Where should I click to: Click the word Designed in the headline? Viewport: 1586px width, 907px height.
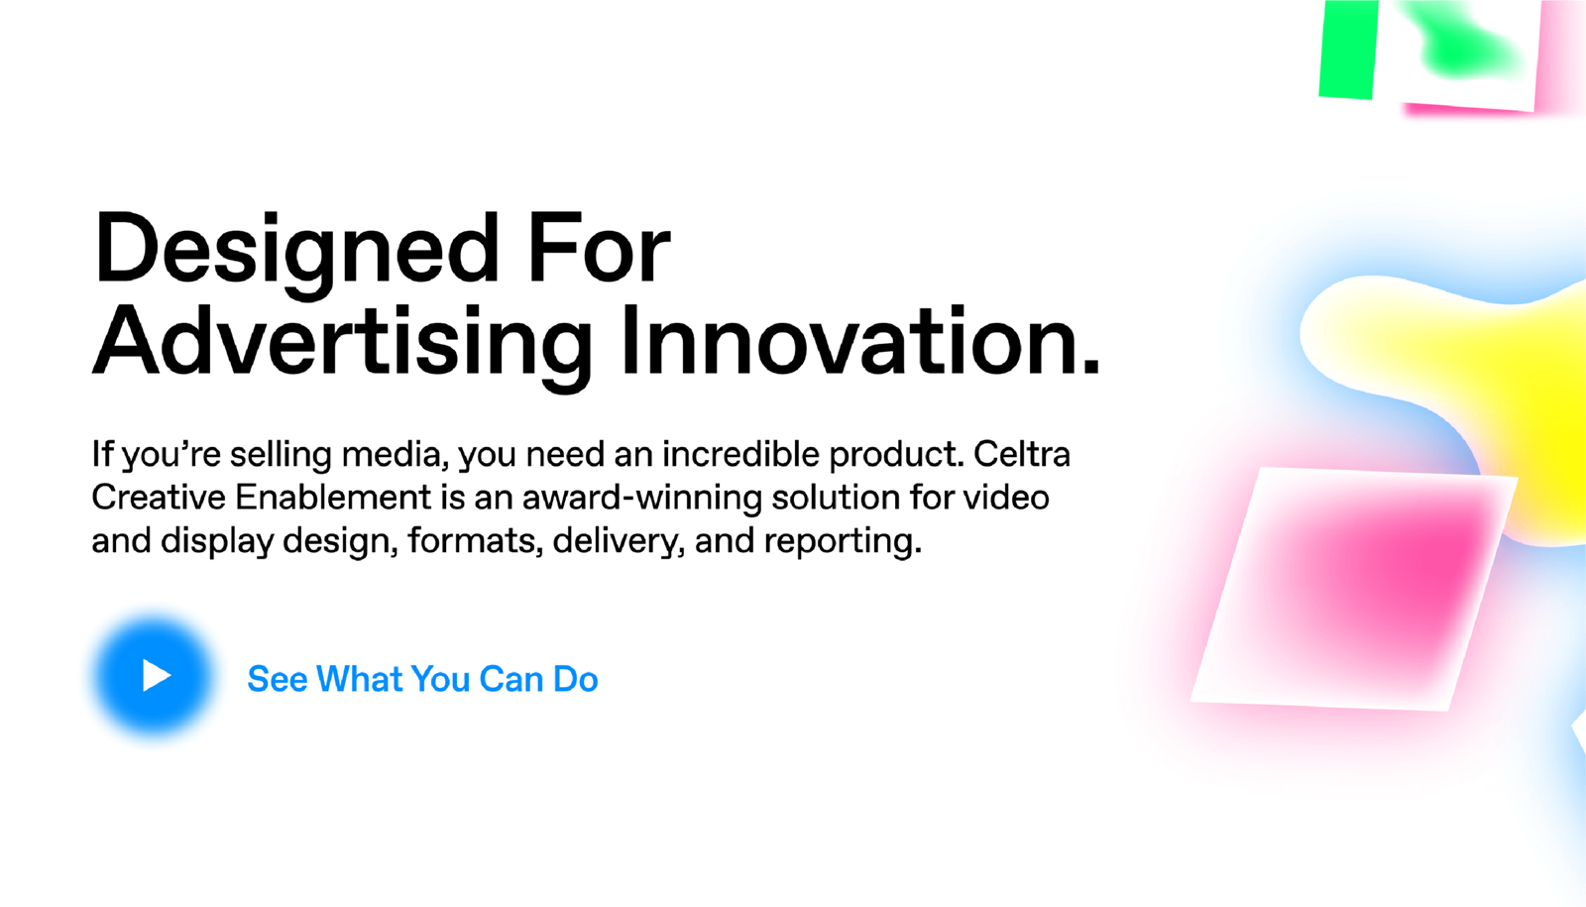pyautogui.click(x=296, y=254)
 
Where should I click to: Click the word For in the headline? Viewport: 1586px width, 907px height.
pyautogui.click(x=599, y=248)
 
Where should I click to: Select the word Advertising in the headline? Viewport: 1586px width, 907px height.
pyautogui.click(x=342, y=347)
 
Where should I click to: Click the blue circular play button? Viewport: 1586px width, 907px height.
pyautogui.click(x=154, y=676)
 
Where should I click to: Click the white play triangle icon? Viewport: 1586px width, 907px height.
pyautogui.click(x=156, y=675)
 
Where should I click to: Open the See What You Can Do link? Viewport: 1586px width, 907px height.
pyautogui.click(x=422, y=679)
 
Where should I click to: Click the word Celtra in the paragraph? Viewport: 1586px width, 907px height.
pyautogui.click(x=1022, y=455)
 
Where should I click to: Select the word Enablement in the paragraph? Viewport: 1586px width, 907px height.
pyautogui.click(x=333, y=497)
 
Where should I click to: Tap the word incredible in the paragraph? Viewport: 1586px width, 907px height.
pyautogui.click(x=741, y=455)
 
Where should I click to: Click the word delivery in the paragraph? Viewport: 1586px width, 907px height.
pyautogui.click(x=619, y=542)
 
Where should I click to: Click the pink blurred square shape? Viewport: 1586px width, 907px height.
pyautogui.click(x=1354, y=589)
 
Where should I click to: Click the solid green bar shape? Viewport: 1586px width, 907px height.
pyautogui.click(x=1348, y=49)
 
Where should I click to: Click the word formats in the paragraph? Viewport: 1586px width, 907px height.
pyautogui.click(x=475, y=542)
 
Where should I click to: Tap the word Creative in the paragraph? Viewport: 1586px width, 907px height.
pyautogui.click(x=159, y=497)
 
